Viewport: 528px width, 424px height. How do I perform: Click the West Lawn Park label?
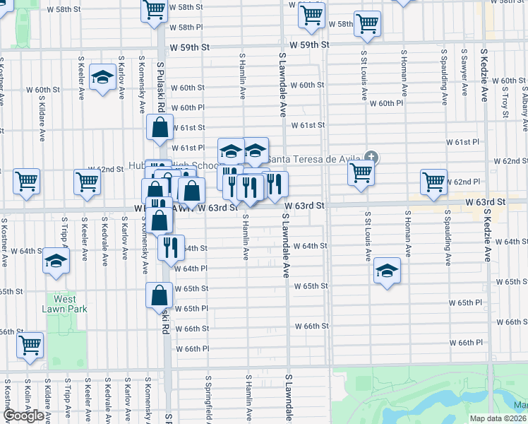63,304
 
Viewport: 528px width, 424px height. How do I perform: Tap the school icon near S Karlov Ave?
103,78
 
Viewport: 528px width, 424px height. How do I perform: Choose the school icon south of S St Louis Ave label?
386,271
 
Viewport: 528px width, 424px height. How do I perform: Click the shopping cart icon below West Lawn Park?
30,346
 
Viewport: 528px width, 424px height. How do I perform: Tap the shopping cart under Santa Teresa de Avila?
361,172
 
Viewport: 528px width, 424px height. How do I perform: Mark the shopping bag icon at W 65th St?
160,295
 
